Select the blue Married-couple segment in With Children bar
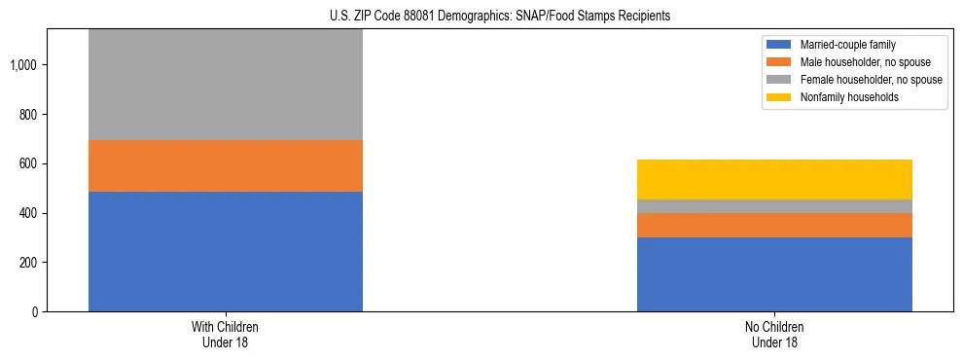coord(226,251)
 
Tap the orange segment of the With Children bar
coord(226,165)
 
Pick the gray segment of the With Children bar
coord(226,85)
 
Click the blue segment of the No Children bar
coord(774,274)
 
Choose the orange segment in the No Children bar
coord(774,225)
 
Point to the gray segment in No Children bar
coord(774,206)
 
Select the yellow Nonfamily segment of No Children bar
coord(774,179)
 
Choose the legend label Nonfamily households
coord(842,97)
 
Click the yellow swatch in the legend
coord(779,97)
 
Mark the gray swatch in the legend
coord(779,80)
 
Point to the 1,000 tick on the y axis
coord(23,65)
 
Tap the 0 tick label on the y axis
coord(34,311)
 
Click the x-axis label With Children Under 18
coord(226,335)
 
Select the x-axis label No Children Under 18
coord(774,335)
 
